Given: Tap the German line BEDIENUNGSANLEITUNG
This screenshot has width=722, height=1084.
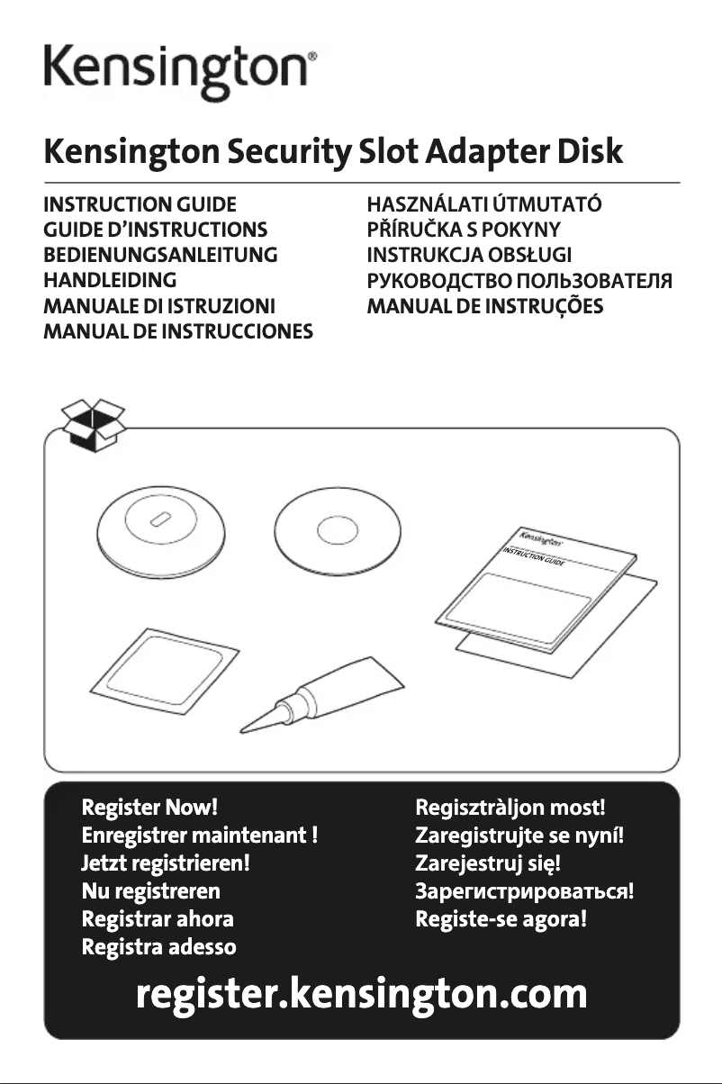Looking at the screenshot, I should coord(160,255).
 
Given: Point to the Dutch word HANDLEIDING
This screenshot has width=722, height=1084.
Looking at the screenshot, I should coord(110,280).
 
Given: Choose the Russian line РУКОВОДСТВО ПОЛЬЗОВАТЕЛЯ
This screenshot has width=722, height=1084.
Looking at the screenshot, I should coord(517,280).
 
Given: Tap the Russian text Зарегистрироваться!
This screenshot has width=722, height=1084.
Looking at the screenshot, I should coord(524,892).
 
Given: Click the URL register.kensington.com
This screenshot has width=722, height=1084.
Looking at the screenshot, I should coord(361,995).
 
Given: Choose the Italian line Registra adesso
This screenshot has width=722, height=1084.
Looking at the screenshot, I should coord(159,947).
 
